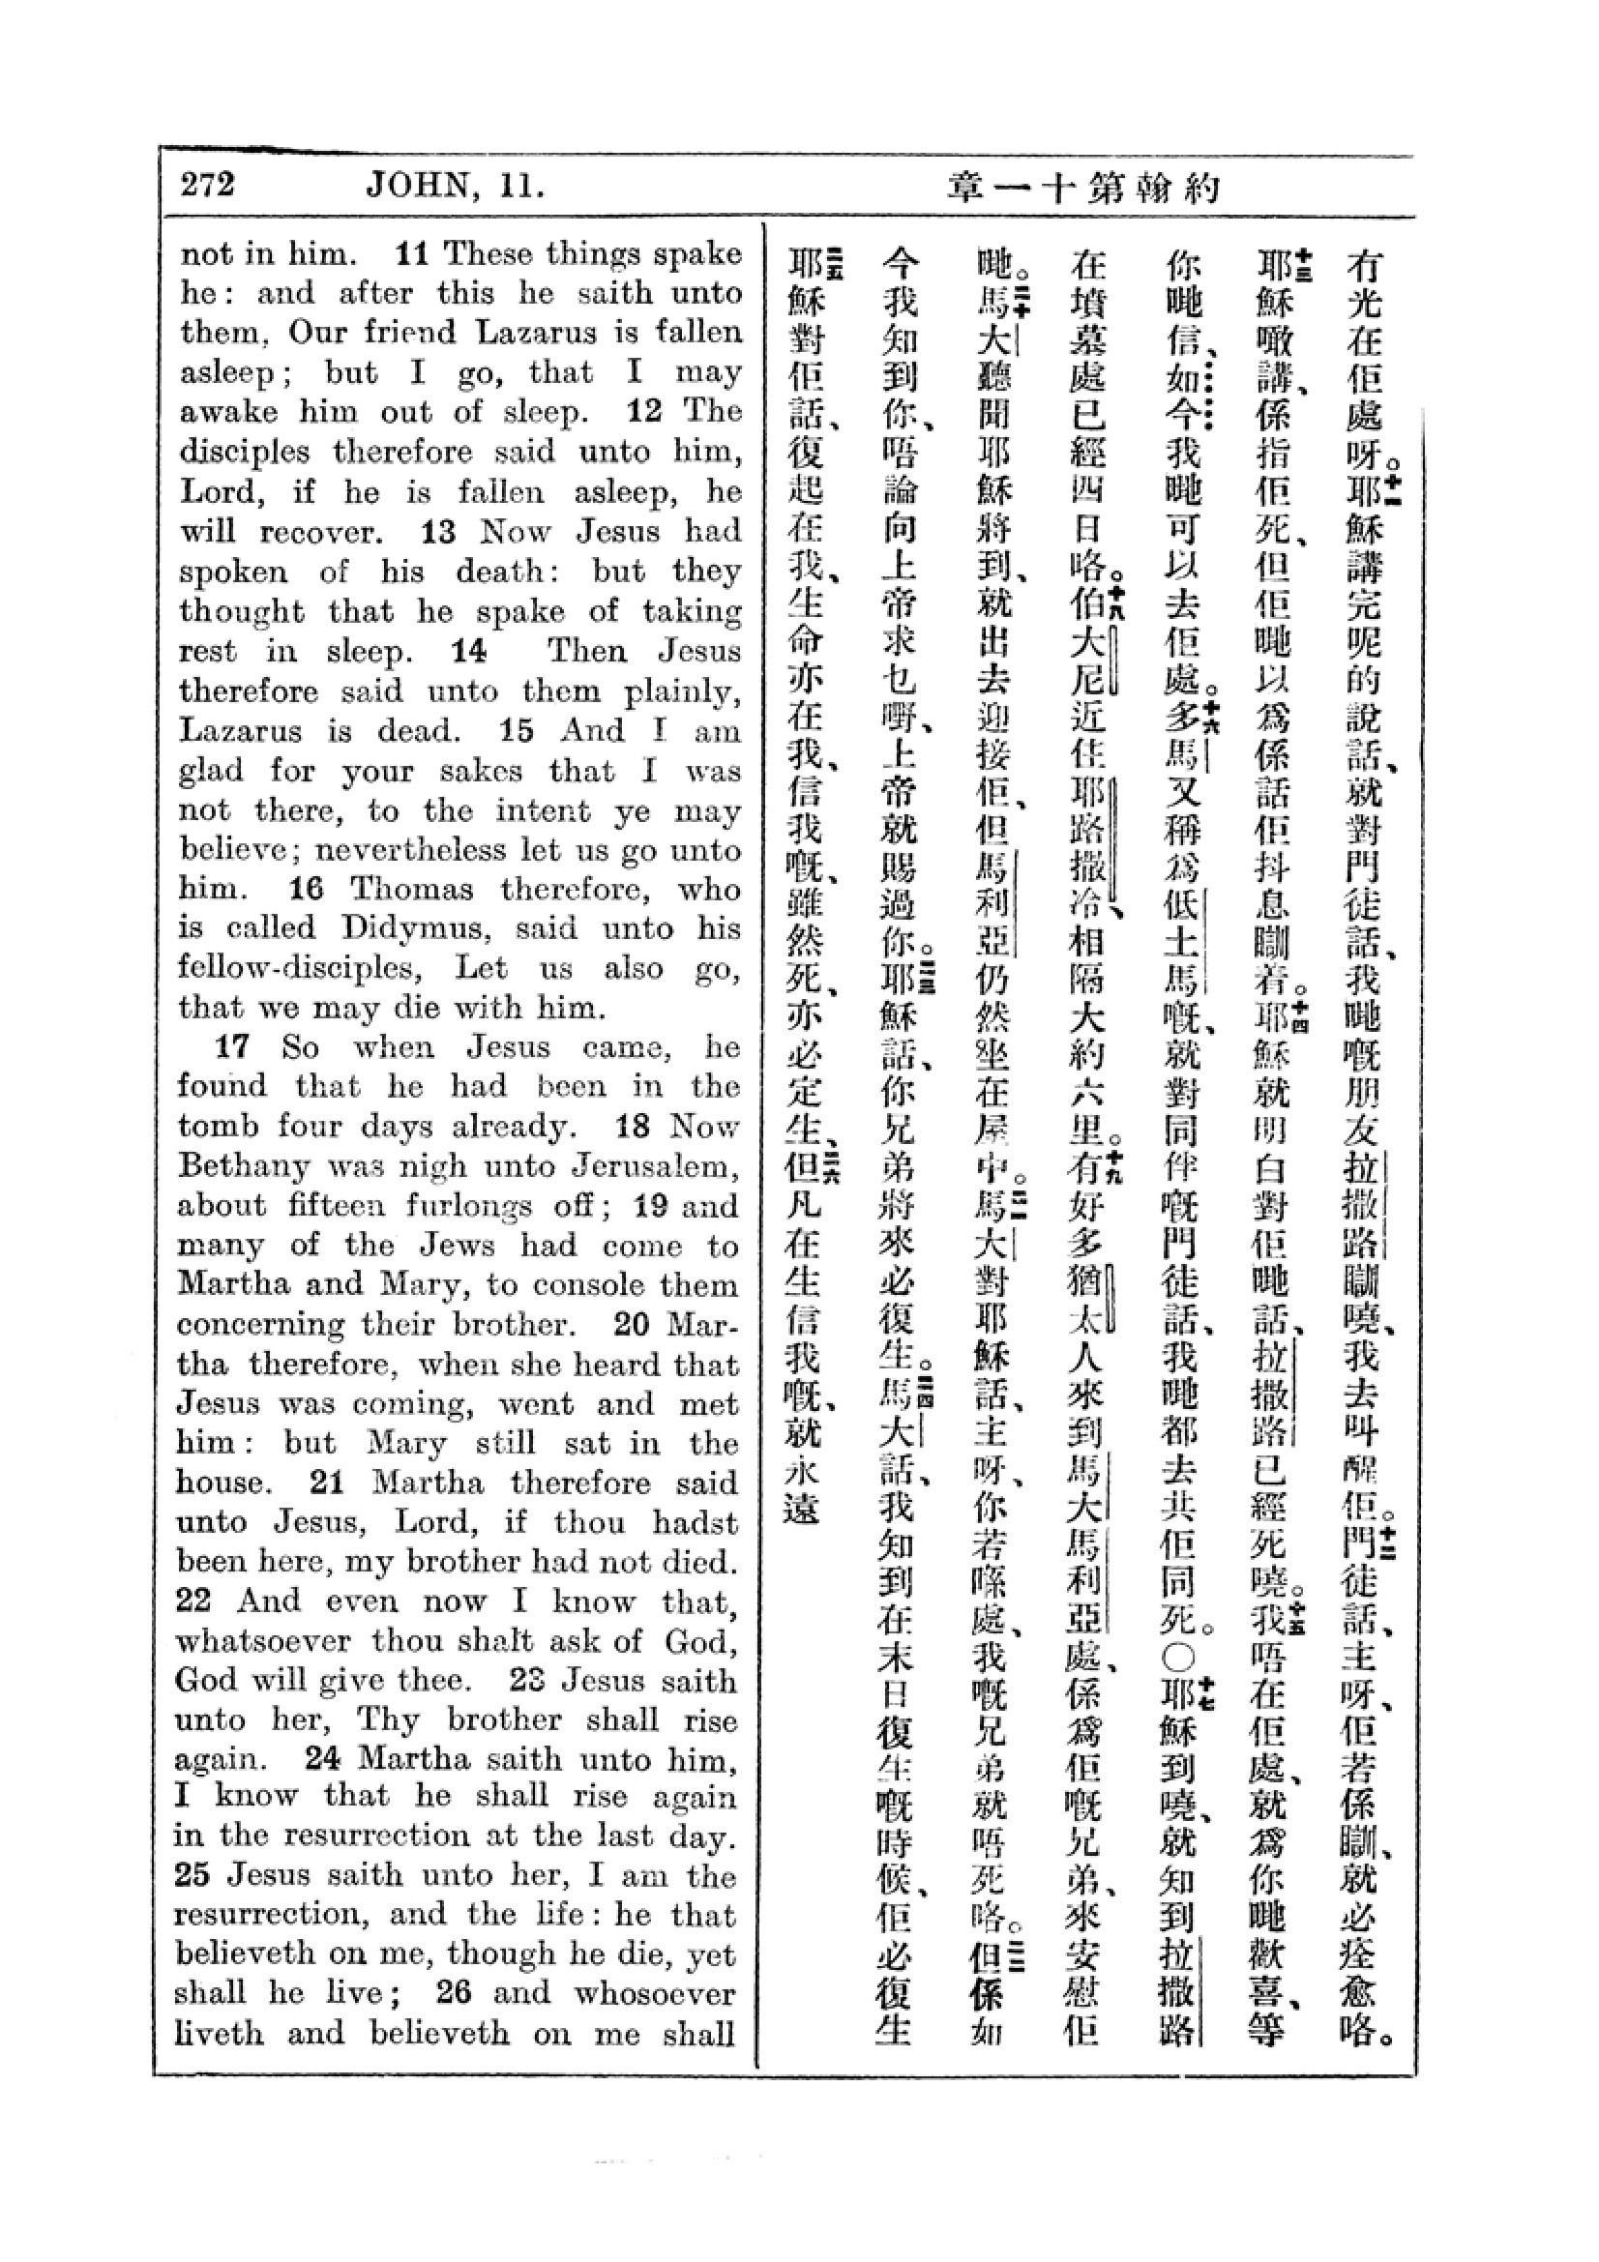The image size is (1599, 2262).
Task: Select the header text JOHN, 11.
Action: click(455, 185)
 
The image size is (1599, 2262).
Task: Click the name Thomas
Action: click(412, 889)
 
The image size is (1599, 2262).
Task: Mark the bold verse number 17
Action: click(232, 1046)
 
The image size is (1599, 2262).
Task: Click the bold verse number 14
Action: click(469, 651)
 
